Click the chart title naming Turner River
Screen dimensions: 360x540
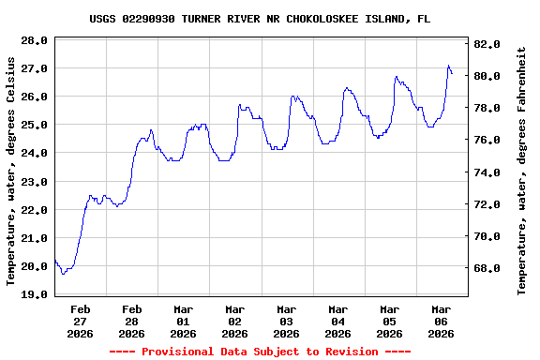pos(261,18)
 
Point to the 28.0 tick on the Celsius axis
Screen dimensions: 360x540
pos(34,41)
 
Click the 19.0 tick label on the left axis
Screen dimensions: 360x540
pos(34,294)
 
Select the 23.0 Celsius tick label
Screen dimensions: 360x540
pos(34,182)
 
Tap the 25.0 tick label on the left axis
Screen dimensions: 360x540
pos(34,126)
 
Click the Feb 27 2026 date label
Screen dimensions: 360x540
pos(81,321)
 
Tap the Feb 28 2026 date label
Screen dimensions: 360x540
pos(132,321)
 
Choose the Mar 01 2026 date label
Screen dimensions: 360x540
pos(184,321)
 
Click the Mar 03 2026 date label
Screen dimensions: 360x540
pos(287,321)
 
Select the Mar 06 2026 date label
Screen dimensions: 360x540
pos(442,321)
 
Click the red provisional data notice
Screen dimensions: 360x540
pos(261,352)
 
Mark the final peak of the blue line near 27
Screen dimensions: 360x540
pos(449,66)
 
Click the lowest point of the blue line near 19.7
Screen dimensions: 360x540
pos(63,274)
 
